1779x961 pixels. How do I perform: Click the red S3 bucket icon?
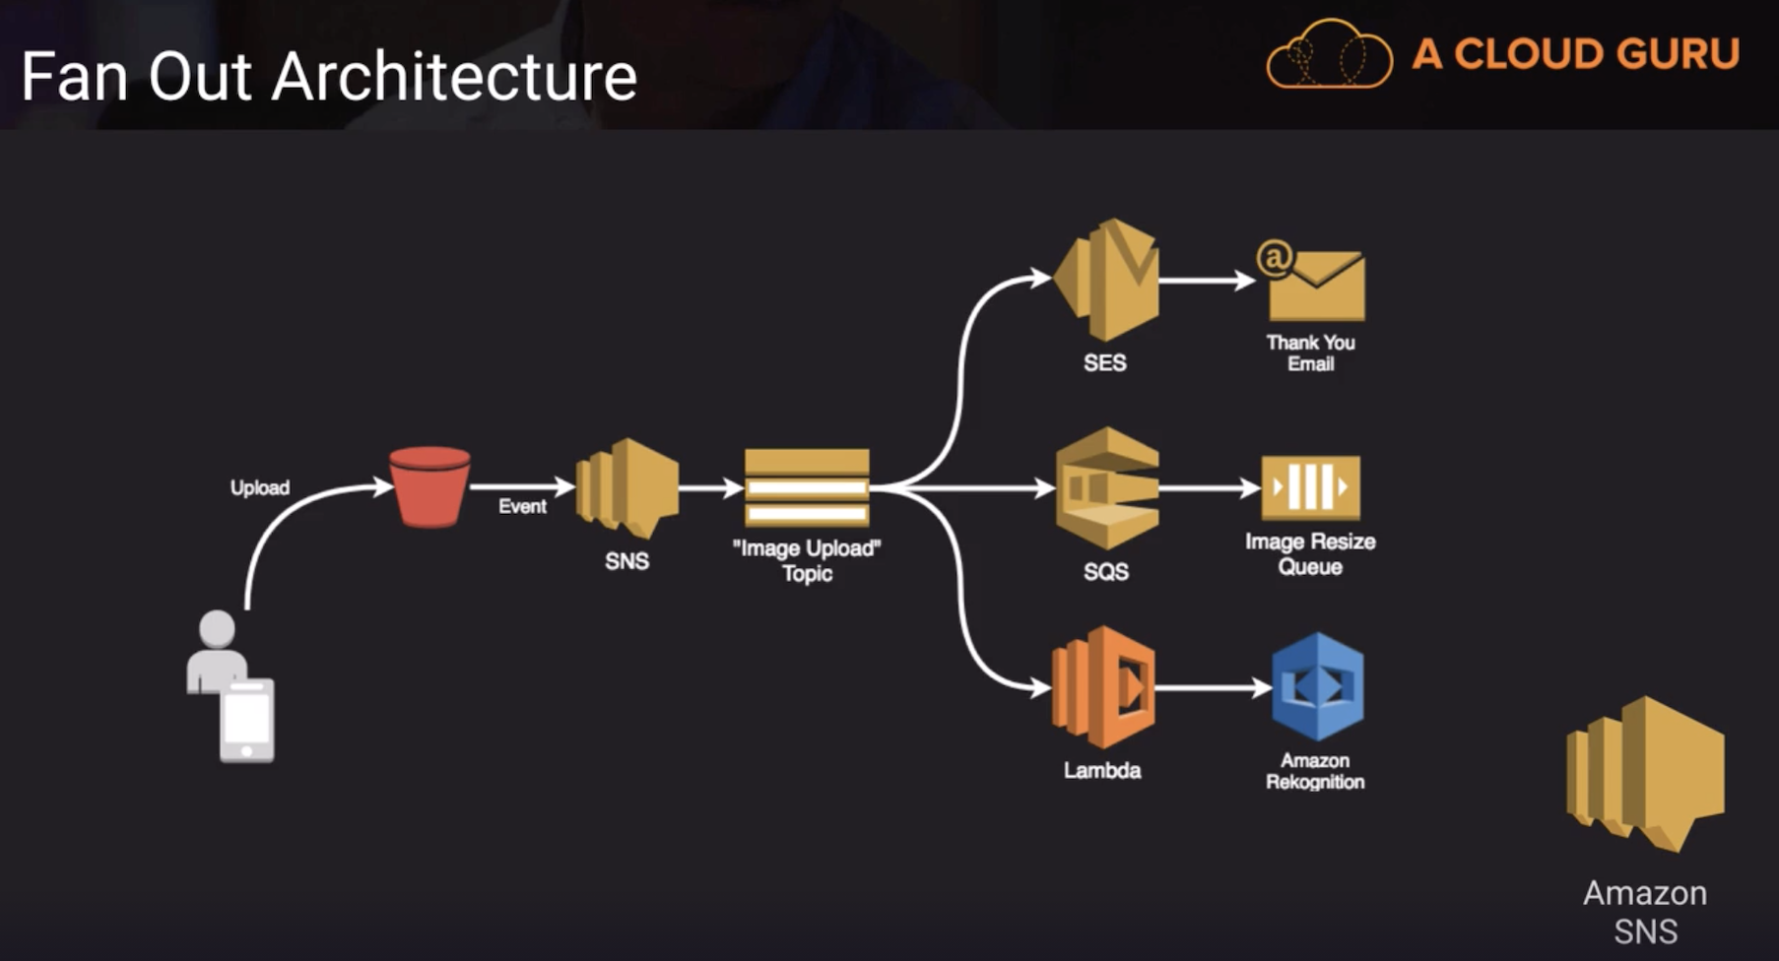[429, 486]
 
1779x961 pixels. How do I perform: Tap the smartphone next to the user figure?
[246, 721]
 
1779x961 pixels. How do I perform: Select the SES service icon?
[1107, 280]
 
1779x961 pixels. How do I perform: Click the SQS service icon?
[1107, 487]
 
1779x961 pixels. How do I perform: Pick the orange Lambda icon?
[1103, 687]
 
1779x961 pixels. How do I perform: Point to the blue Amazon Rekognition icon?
[1317, 686]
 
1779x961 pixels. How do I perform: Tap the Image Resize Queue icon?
[1310, 487]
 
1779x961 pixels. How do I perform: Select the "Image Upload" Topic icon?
[807, 487]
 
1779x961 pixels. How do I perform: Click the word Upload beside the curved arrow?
[260, 487]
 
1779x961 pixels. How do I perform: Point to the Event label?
[522, 506]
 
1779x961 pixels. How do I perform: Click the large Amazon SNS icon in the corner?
[1645, 773]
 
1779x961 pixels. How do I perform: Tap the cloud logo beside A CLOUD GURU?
[1329, 55]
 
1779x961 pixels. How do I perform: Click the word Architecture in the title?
[454, 77]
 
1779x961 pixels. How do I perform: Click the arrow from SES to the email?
[1206, 281]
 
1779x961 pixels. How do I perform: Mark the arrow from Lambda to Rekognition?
[1212, 687]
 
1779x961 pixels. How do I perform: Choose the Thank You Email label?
[1310, 352]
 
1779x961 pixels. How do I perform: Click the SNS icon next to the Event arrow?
[627, 487]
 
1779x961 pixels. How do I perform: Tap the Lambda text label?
[1102, 770]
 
